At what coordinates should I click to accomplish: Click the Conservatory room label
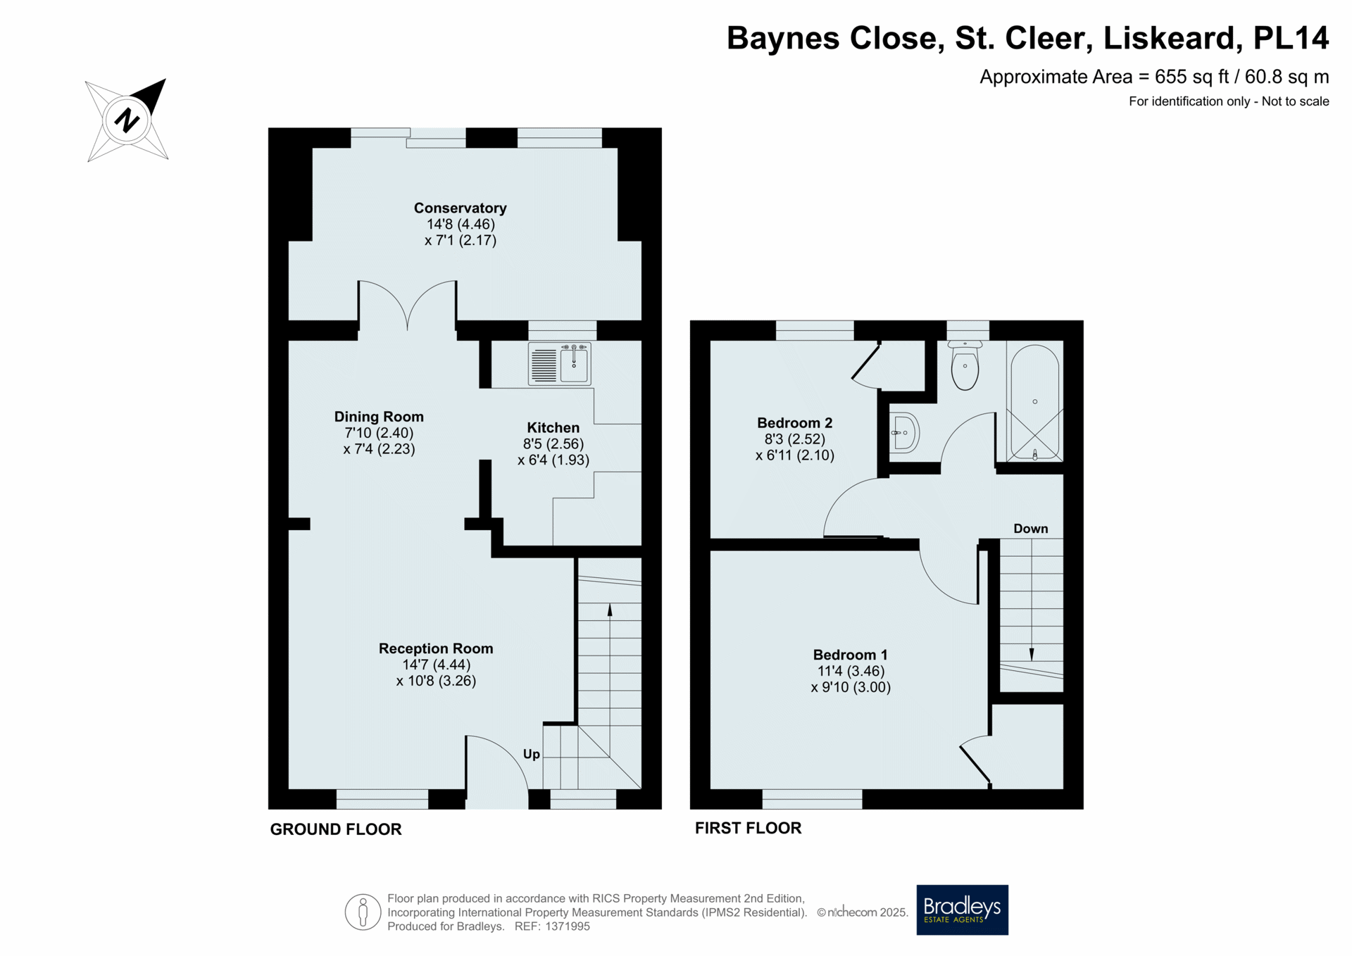point(460,208)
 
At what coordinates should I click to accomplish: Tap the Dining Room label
point(379,417)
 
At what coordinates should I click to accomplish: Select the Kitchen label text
point(553,427)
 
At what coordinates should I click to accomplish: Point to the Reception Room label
point(436,648)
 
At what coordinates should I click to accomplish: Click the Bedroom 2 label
point(794,423)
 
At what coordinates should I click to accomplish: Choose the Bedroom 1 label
point(850,655)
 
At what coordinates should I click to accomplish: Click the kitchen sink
point(560,364)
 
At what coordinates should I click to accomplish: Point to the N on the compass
point(127,120)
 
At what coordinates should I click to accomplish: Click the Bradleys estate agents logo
point(962,910)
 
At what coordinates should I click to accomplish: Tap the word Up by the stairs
point(532,754)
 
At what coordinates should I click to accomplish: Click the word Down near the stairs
point(1030,529)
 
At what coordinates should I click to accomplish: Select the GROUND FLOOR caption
point(336,829)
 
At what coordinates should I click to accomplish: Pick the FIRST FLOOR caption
point(748,828)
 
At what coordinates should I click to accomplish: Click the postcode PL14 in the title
point(1291,38)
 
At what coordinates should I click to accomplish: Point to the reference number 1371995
point(567,926)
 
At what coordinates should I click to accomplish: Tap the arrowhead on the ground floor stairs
point(610,610)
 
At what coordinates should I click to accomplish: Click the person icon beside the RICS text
point(363,912)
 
